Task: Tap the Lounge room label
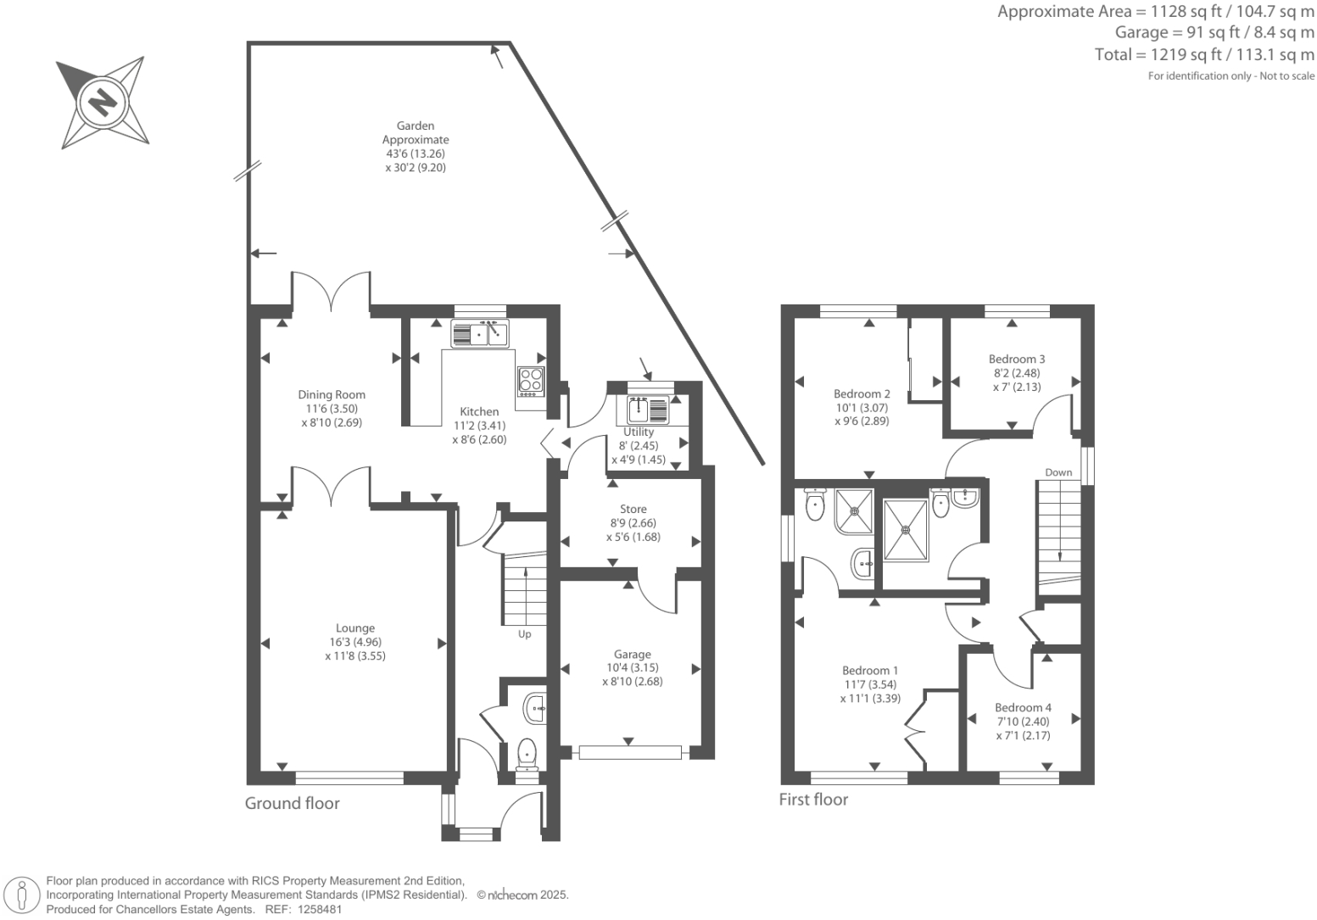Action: (354, 628)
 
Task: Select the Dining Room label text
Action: (332, 394)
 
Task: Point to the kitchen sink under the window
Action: (480, 334)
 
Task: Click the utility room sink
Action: (648, 409)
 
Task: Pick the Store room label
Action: (633, 510)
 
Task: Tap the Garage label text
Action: (633, 654)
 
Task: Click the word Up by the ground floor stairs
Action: (524, 634)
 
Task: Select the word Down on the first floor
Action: (1058, 472)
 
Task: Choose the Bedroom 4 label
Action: (1023, 707)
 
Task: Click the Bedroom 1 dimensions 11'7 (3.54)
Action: (870, 684)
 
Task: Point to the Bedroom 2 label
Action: (862, 393)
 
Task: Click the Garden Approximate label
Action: (416, 132)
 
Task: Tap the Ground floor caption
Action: (292, 803)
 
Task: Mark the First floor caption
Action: (813, 799)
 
